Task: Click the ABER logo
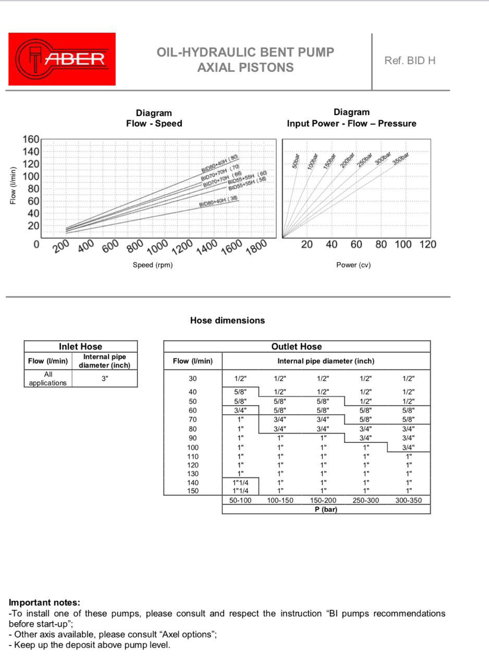pyautogui.click(x=62, y=59)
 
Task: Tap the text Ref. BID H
pyautogui.click(x=410, y=60)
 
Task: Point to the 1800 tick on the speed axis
pyautogui.click(x=256, y=246)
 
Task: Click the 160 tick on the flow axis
pyautogui.click(x=31, y=139)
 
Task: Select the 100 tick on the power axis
pyautogui.click(x=403, y=244)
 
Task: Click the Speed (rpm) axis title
pyautogui.click(x=153, y=265)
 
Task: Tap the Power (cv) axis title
pyautogui.click(x=353, y=265)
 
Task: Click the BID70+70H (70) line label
pyautogui.click(x=221, y=169)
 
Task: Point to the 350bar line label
pyautogui.click(x=401, y=158)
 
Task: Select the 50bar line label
pyautogui.click(x=296, y=162)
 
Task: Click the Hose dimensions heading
pyautogui.click(x=227, y=320)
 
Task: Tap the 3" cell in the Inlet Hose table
pyautogui.click(x=105, y=379)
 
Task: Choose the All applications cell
pyautogui.click(x=48, y=379)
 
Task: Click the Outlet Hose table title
pyautogui.click(x=297, y=347)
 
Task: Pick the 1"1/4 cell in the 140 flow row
pyautogui.click(x=240, y=483)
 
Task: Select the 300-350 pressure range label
pyautogui.click(x=409, y=500)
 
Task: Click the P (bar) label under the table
pyautogui.click(x=326, y=509)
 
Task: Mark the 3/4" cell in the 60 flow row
pyautogui.click(x=240, y=410)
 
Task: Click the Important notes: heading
pyautogui.click(x=45, y=603)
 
